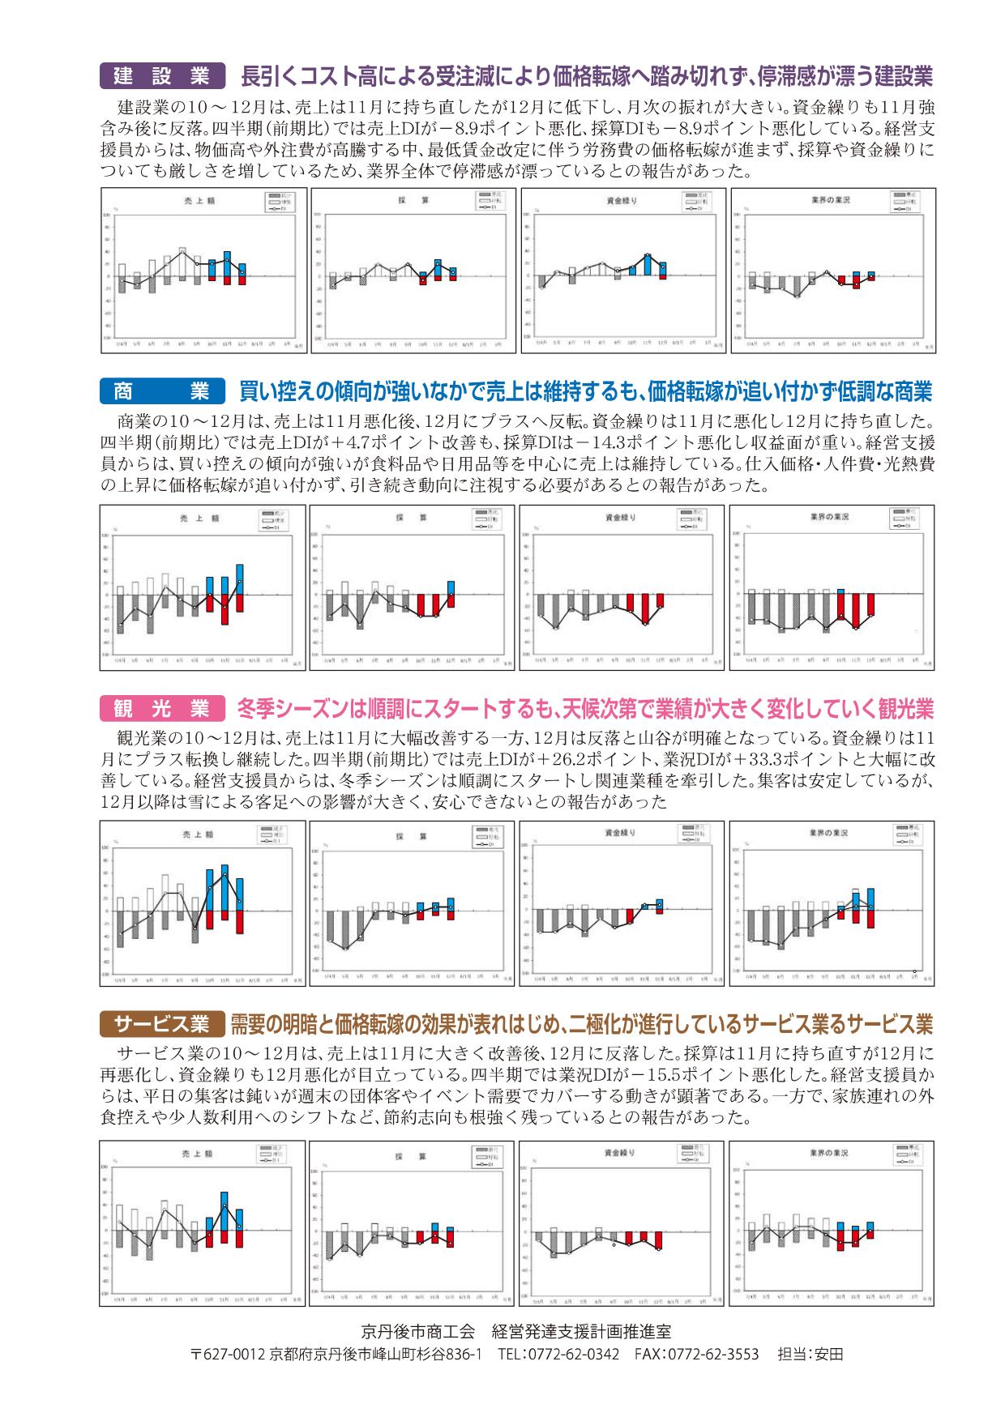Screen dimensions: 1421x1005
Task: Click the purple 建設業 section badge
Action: (x=161, y=76)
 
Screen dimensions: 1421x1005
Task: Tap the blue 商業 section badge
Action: (x=161, y=392)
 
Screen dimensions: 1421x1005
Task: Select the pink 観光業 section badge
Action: (x=161, y=709)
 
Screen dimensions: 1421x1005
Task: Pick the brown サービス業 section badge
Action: (x=161, y=1024)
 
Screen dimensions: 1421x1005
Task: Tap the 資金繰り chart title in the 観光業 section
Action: (x=621, y=832)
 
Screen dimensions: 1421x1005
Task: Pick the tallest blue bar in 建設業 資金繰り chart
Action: (x=648, y=264)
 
